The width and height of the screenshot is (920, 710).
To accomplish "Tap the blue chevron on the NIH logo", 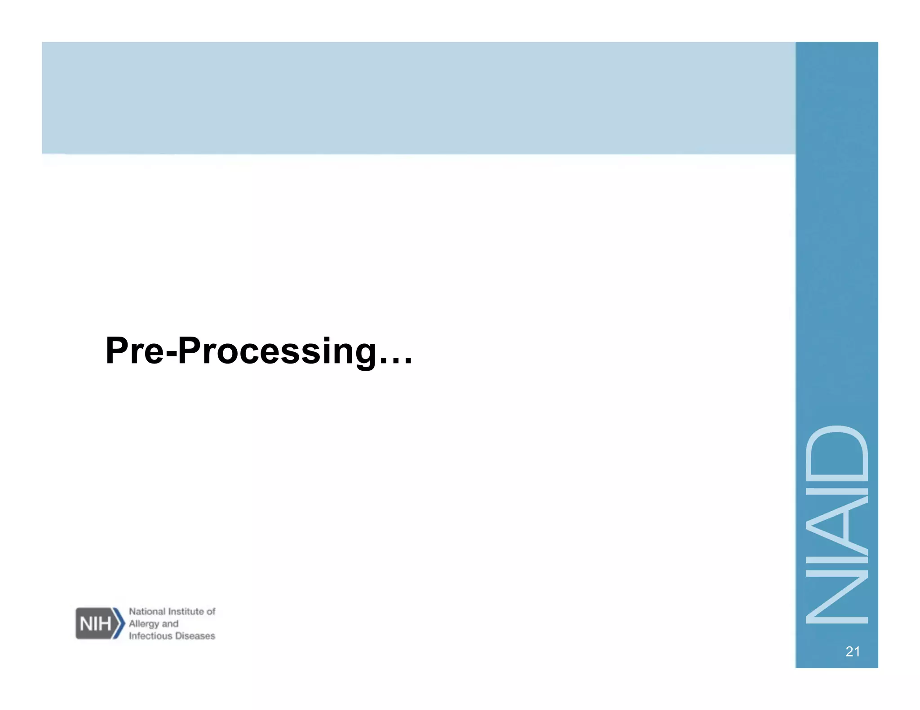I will click(x=119, y=623).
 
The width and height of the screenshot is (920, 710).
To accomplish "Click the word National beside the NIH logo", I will click(x=147, y=611).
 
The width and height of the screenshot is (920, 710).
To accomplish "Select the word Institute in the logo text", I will click(x=186, y=611).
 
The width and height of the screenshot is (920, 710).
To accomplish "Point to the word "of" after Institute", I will click(x=211, y=611).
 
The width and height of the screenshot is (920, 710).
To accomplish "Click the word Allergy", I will click(x=144, y=624).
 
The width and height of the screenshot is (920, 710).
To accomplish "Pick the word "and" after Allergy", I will click(x=170, y=624).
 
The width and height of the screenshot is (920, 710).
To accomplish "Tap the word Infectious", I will click(x=151, y=636).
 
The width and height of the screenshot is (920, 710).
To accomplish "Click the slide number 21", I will click(x=853, y=652).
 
